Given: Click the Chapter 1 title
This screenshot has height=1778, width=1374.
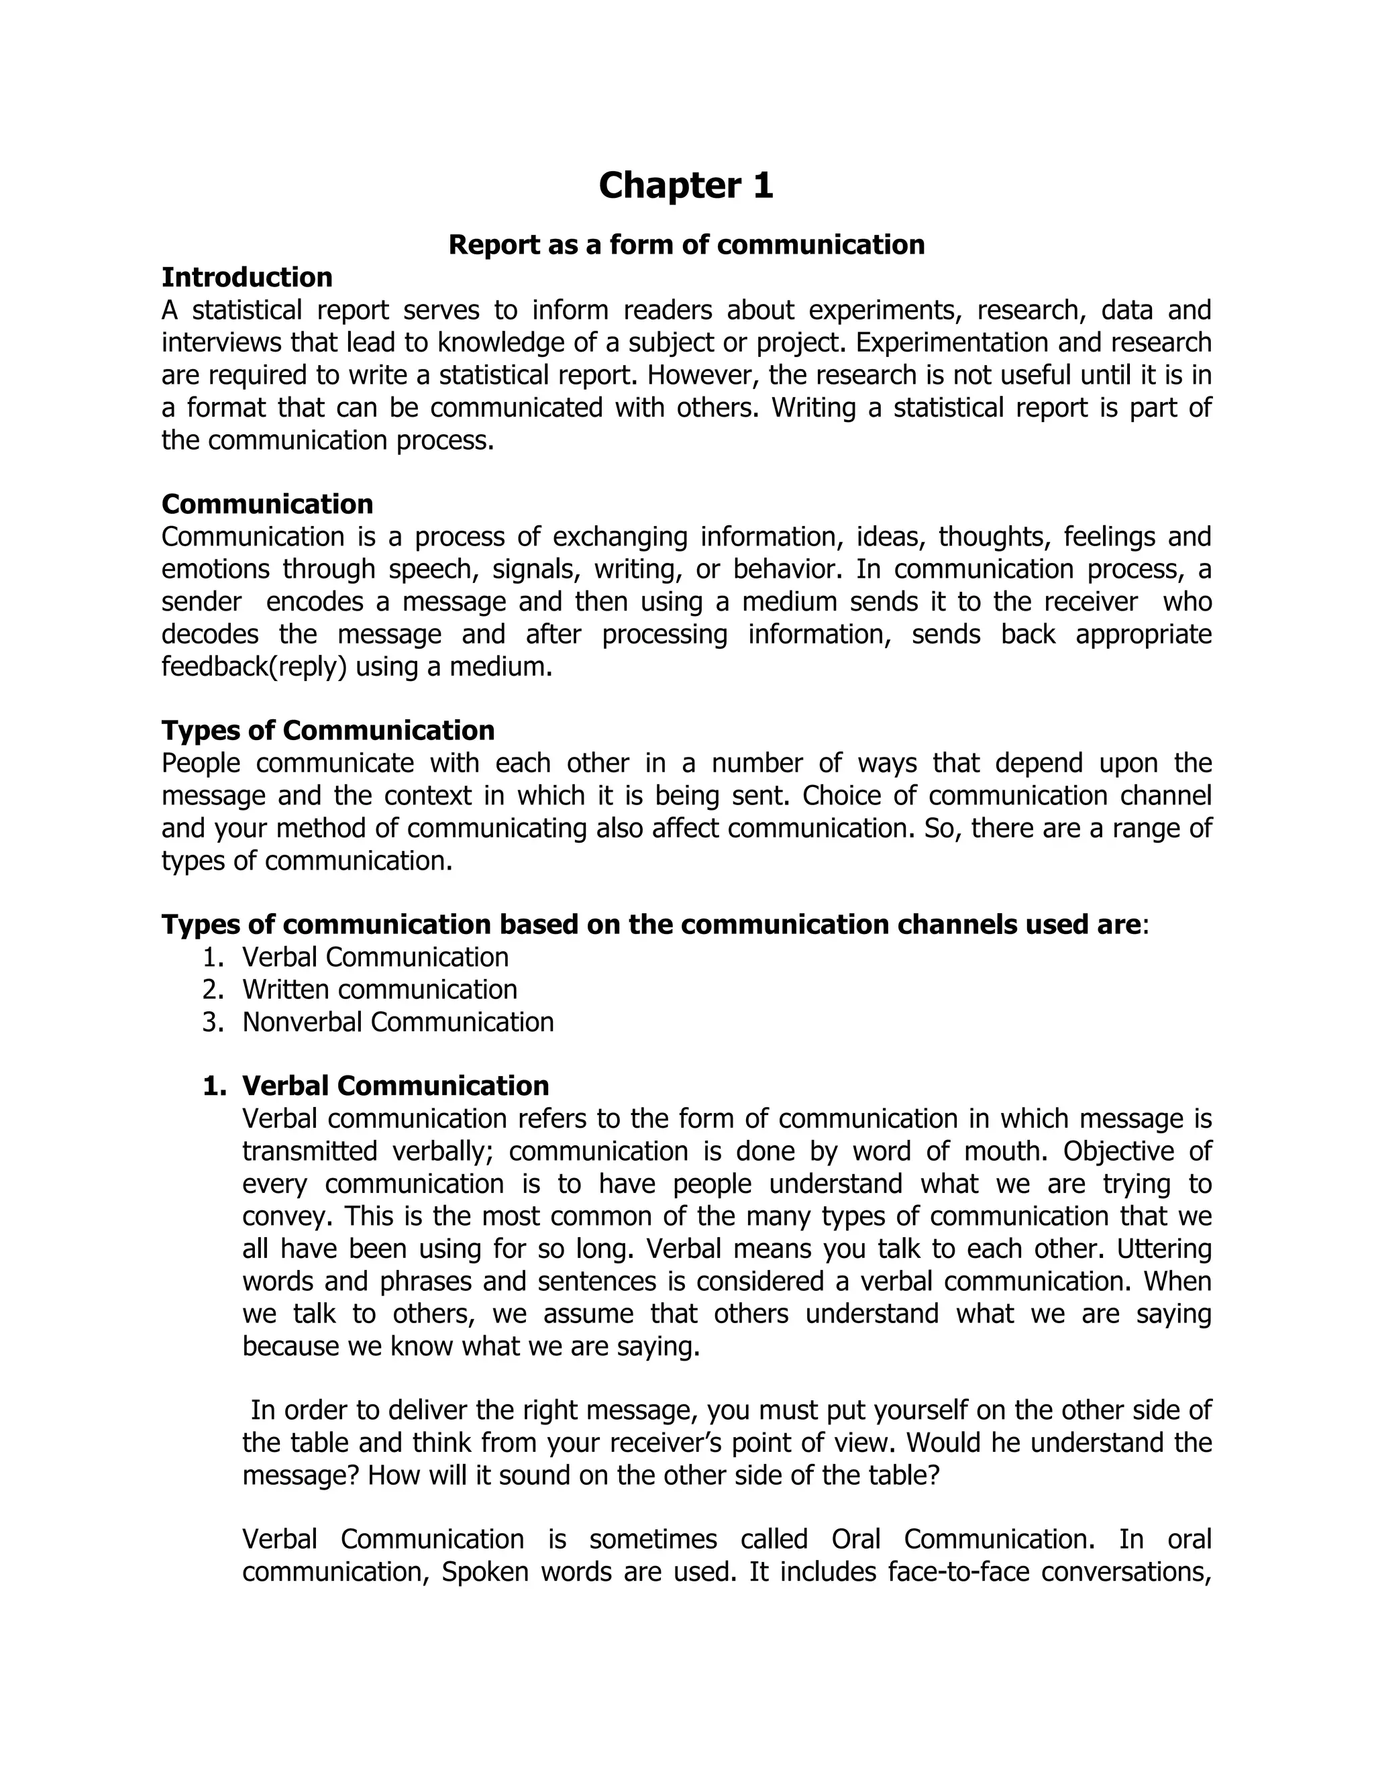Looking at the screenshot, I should [x=686, y=186].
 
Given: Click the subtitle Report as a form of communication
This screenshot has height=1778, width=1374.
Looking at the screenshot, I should [x=686, y=244].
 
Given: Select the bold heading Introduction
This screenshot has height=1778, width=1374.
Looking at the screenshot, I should [x=247, y=278].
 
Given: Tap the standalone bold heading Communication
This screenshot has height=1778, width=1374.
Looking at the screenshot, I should [x=267, y=504].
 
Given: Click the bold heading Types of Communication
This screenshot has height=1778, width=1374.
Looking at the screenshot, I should [x=327, y=730].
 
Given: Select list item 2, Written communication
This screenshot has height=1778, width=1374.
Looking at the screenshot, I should [x=379, y=989].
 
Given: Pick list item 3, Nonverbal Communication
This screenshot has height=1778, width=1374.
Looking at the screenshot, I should [x=397, y=1022].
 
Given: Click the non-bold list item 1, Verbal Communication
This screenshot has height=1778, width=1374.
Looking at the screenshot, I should [x=375, y=957].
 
